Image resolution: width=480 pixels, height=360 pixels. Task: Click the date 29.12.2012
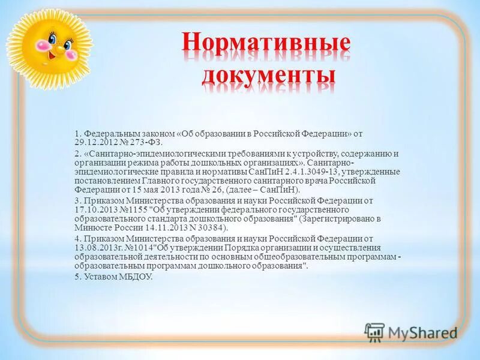(x=95, y=142)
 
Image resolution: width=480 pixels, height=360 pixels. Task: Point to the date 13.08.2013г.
(x=98, y=247)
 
